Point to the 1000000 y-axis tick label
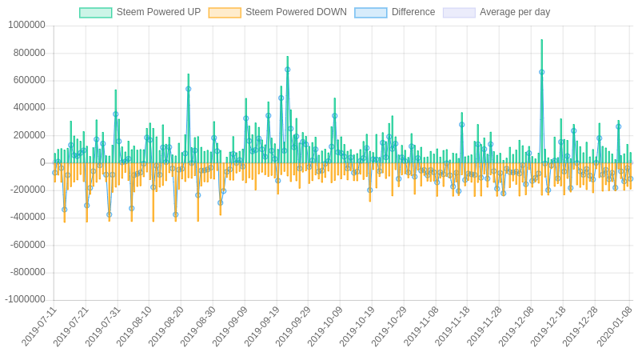[26, 25]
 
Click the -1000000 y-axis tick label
[25, 299]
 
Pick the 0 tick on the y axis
[42, 162]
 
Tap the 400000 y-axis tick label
[29, 107]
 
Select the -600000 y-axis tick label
[27, 245]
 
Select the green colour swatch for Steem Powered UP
[96, 12]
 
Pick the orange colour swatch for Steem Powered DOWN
[225, 12]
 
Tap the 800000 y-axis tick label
[29, 53]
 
